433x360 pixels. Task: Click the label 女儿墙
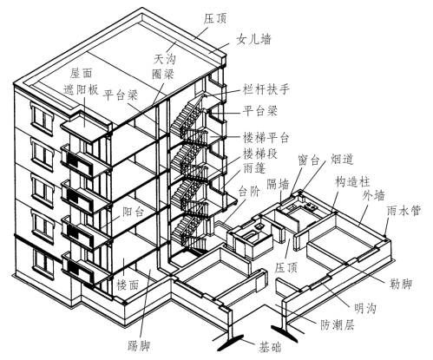point(254,39)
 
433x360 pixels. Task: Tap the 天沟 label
point(165,59)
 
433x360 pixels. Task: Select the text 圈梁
point(163,74)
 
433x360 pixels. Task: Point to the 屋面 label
point(82,73)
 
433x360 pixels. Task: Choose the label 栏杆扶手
point(266,89)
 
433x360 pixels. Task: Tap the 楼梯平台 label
point(266,138)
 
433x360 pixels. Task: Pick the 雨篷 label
point(254,168)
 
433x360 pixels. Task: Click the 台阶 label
point(249,191)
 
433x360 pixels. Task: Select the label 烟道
point(342,159)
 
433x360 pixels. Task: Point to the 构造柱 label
point(352,182)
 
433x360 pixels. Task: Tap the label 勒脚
point(401,283)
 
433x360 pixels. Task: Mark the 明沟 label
point(365,309)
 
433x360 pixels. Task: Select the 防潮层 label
point(338,325)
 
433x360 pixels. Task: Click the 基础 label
point(270,347)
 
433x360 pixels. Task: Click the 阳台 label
point(134,212)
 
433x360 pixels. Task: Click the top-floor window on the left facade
point(43,118)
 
